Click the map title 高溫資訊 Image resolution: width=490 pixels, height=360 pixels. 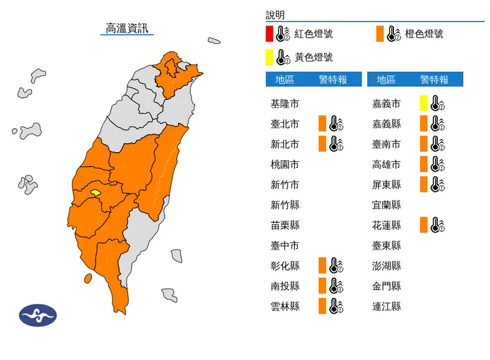pos(127,28)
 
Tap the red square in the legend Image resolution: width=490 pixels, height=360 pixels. pos(269,33)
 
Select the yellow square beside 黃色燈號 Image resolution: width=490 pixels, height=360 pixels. pos(269,57)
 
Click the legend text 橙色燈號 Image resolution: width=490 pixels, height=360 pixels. pos(425,33)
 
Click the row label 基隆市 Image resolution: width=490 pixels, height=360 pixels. pos(285,103)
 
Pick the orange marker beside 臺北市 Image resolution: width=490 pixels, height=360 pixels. pos(321,123)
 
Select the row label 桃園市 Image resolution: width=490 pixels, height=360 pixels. pos(285,164)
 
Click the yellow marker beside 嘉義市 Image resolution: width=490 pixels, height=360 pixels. pos(424,103)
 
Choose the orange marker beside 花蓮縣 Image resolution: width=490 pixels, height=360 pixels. pos(424,225)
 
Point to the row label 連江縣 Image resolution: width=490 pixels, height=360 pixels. pos(387,306)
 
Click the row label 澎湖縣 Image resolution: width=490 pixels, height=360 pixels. pos(387,266)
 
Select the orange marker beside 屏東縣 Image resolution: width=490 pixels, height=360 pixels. pos(424,184)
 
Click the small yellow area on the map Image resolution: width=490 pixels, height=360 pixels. pos(95,193)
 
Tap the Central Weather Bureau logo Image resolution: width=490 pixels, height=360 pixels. pos(38,315)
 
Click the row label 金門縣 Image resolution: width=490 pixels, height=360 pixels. pos(387,286)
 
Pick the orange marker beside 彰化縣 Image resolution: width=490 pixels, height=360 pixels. pos(321,266)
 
